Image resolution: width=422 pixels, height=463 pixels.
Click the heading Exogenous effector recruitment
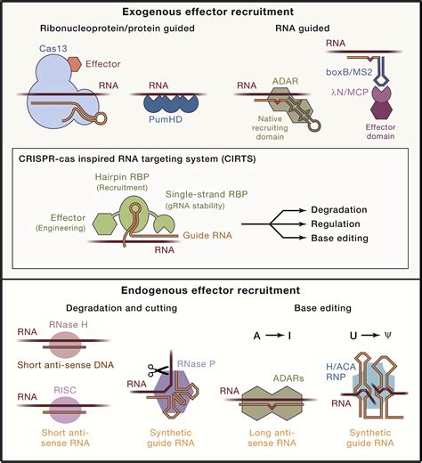pyautogui.click(x=211, y=12)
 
